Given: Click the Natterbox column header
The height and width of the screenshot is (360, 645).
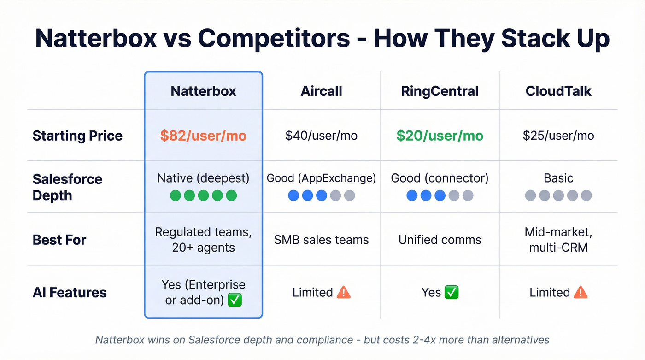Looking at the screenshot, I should coord(203,91).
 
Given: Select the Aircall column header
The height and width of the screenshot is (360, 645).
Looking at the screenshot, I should coord(321,91).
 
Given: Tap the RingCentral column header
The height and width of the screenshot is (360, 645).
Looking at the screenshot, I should coord(440,91).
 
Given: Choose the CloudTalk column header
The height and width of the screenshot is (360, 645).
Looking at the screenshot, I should coord(558,91).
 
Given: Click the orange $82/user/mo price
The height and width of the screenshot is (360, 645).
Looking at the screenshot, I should coord(203,136).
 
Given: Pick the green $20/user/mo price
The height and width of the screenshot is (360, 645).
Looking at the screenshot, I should coord(440,136).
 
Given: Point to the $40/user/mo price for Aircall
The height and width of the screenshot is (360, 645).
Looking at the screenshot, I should coord(321,136).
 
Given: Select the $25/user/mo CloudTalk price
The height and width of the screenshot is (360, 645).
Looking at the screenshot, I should coord(558,136).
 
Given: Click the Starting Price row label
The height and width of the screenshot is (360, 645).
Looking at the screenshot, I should coord(77,136).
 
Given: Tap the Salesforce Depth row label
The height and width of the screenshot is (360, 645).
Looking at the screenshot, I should coord(67,187).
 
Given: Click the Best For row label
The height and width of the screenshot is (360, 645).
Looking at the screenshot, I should coord(59,240).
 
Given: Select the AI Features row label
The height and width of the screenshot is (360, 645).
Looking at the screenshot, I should coord(70,292).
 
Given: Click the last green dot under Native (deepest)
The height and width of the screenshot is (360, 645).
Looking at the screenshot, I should coord(231,195).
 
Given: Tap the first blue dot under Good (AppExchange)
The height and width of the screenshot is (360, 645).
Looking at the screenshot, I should coord(293,195).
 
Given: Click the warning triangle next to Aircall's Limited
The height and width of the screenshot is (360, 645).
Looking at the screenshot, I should coord(344,292).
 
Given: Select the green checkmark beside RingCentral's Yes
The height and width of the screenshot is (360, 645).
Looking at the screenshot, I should coord(451,292).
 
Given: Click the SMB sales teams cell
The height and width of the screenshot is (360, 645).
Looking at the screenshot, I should coord(321,240).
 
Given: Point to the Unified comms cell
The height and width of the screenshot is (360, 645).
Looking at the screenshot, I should coord(440,240).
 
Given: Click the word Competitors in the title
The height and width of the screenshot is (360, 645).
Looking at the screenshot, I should coord(274,39).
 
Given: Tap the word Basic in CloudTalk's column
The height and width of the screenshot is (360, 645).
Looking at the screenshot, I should coord(558,178).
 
